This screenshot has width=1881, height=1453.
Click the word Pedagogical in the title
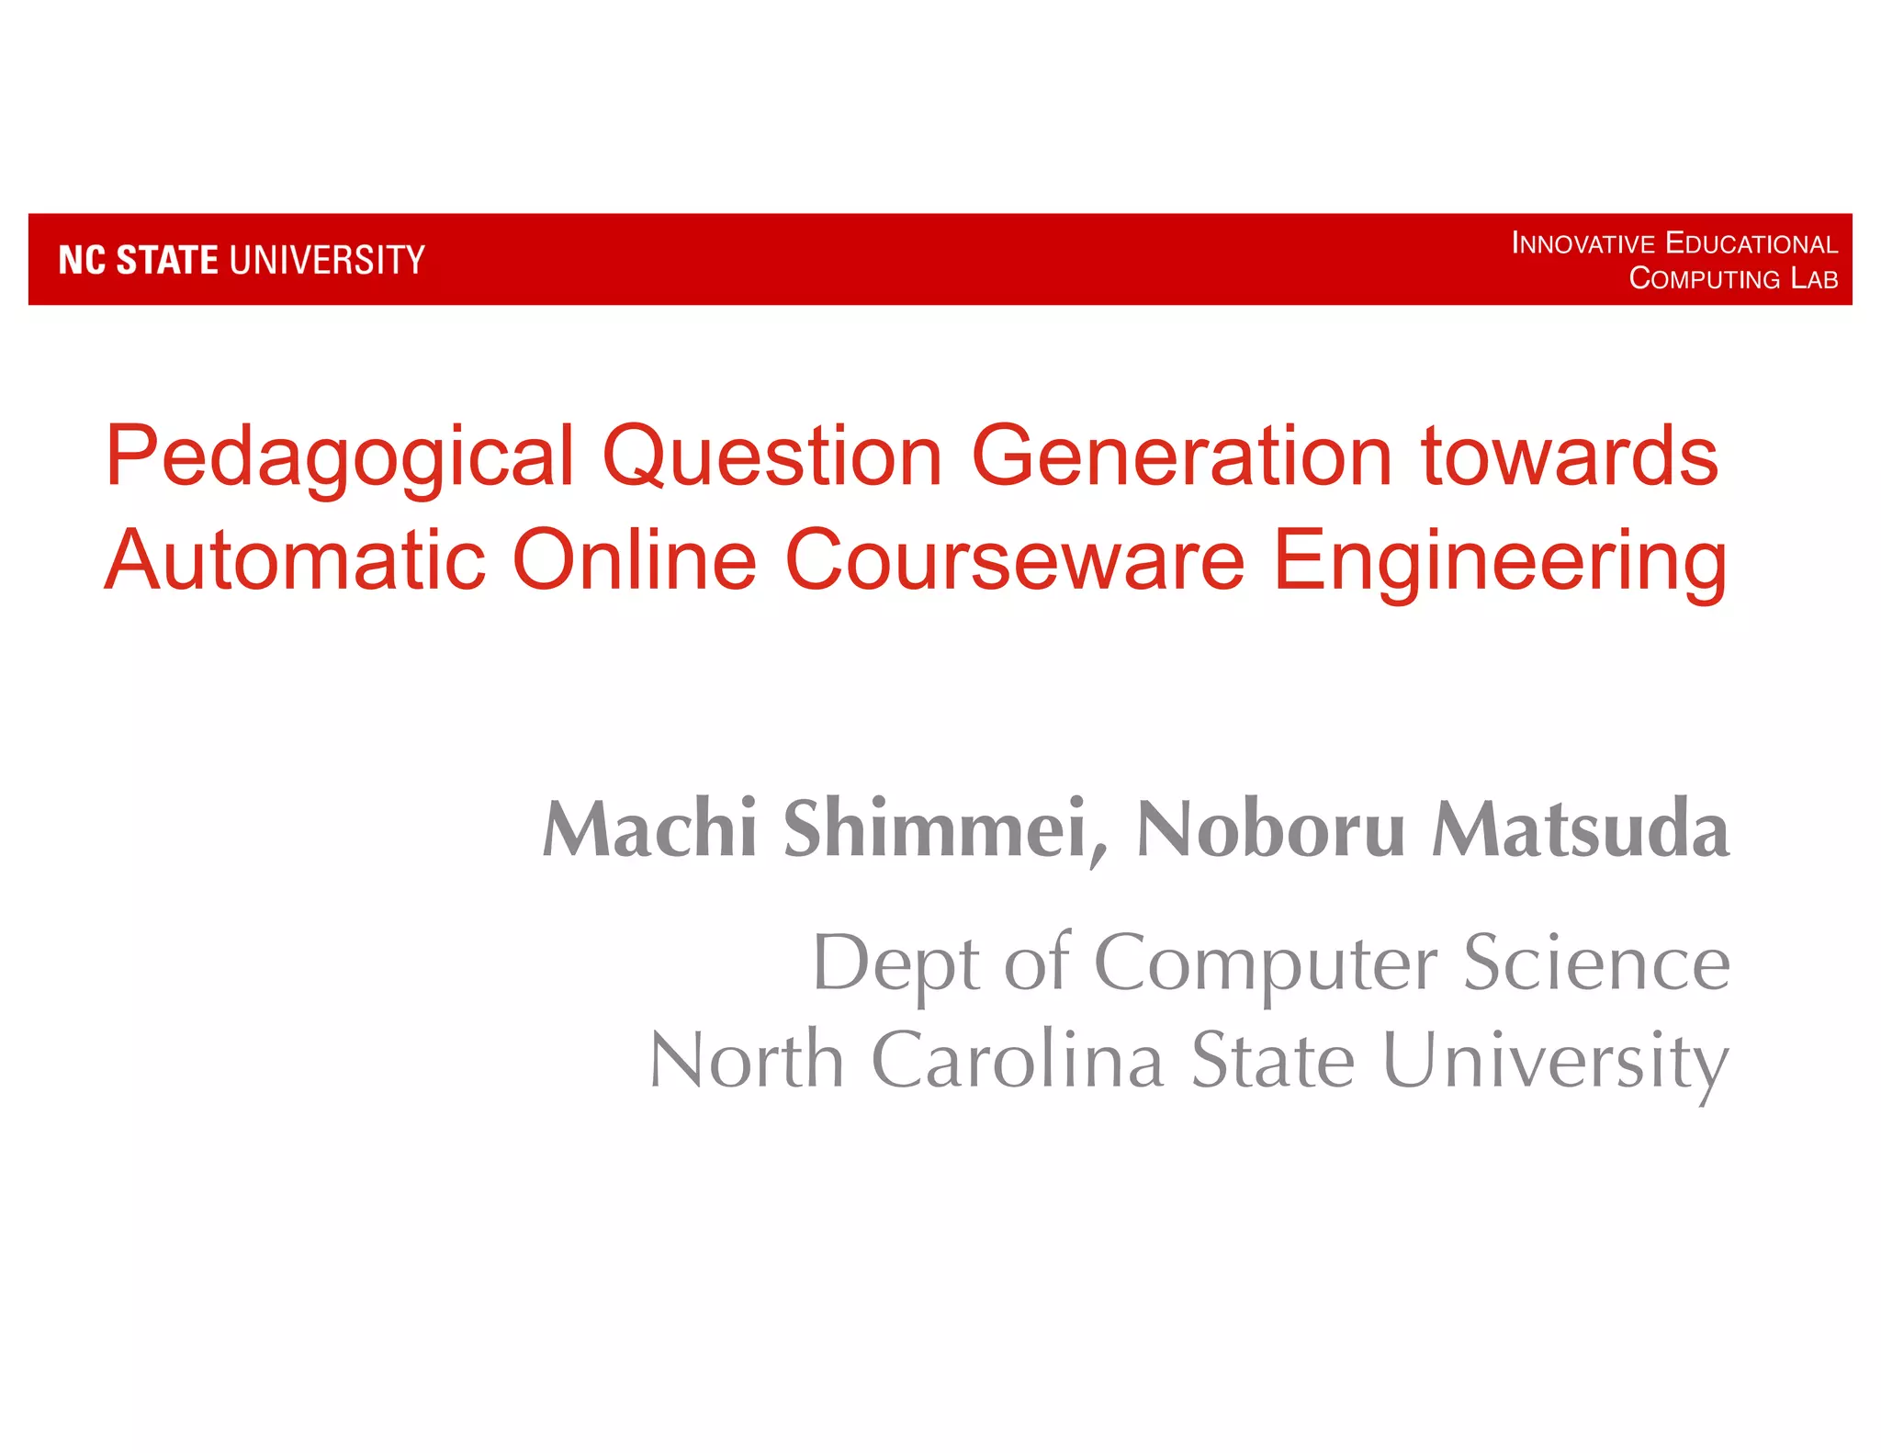click(340, 456)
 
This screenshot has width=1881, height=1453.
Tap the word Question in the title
click(772, 456)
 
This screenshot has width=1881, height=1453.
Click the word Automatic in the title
click(294, 559)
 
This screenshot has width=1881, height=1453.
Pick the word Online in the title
click(634, 559)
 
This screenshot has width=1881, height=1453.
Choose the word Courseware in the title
click(1014, 559)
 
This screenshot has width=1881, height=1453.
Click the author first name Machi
click(649, 828)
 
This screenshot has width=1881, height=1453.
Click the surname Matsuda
click(1581, 828)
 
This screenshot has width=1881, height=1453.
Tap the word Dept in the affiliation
click(896, 964)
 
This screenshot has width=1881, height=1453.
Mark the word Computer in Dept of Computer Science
click(1266, 964)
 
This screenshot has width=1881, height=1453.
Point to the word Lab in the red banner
click(1814, 278)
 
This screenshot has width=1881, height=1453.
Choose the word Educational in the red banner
click(1751, 244)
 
